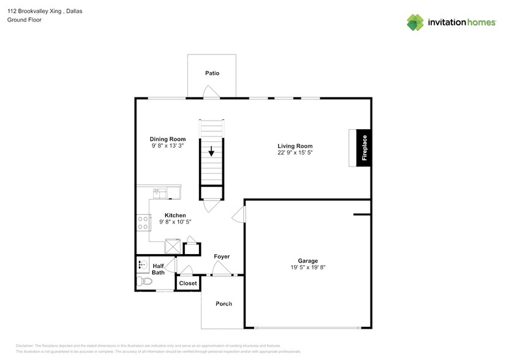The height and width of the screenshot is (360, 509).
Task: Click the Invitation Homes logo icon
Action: (x=416, y=23)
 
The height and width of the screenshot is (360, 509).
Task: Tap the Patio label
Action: (x=212, y=73)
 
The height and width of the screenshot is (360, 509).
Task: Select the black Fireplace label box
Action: (x=364, y=148)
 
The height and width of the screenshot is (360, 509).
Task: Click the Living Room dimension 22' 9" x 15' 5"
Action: (x=295, y=153)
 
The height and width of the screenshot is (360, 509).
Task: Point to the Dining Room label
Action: (x=167, y=139)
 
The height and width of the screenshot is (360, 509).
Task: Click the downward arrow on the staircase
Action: (x=212, y=151)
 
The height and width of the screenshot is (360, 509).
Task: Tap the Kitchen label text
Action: (x=175, y=216)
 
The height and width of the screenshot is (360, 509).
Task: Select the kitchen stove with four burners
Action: (x=143, y=222)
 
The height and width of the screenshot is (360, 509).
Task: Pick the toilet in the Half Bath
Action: (x=145, y=282)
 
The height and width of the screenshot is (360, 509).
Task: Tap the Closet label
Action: (x=188, y=283)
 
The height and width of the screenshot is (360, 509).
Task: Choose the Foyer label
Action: (x=222, y=257)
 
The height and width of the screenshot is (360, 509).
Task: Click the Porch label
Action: (x=224, y=304)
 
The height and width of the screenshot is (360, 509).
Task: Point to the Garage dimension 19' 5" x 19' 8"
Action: (x=307, y=267)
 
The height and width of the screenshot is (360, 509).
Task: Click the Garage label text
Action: (x=307, y=260)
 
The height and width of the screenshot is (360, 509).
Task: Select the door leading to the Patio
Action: (x=211, y=93)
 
